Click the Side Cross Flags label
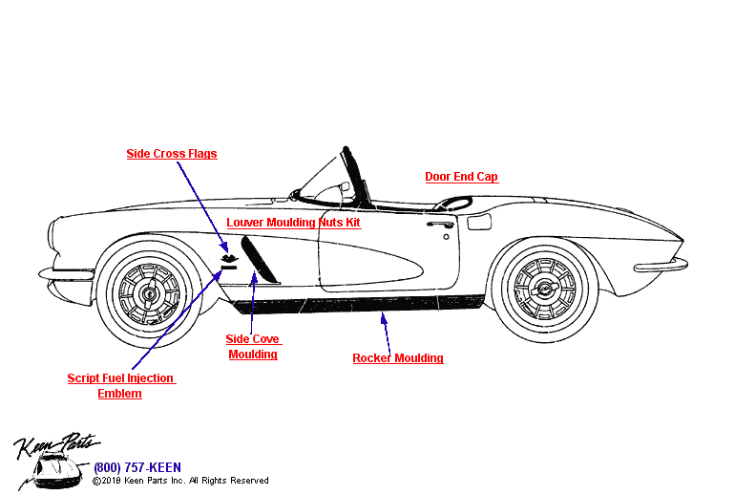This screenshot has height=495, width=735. coord(172,154)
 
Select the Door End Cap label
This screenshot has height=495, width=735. coord(461,177)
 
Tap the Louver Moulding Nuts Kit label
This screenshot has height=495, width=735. coord(293,223)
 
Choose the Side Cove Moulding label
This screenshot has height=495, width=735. coord(253,346)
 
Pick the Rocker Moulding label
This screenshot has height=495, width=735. coord(397,358)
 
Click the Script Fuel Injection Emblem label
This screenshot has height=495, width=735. coord(120,385)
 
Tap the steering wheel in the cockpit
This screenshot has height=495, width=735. coord(455,202)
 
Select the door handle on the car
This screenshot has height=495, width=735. coord(440,225)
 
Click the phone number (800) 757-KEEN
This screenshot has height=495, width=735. coord(136,467)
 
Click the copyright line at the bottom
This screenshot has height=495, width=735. coord(180,481)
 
